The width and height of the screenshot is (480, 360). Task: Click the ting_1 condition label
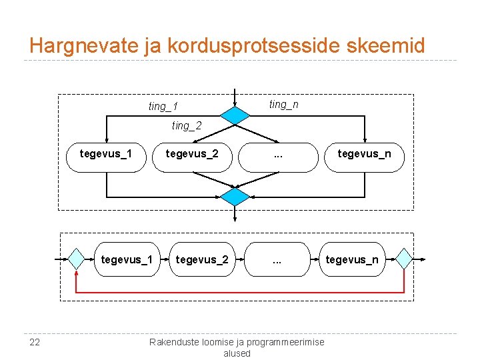[163, 107]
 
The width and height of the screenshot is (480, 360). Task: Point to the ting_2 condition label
[186, 125]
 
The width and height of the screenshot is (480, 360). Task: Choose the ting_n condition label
[283, 105]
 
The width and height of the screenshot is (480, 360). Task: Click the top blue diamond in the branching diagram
[235, 115]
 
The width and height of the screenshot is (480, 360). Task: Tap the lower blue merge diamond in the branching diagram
[235, 197]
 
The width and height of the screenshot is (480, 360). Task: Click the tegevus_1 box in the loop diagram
[127, 259]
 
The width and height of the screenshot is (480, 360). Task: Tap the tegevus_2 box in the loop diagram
[202, 259]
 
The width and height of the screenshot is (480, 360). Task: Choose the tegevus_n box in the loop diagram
[351, 259]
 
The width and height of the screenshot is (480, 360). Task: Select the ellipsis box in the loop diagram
[277, 259]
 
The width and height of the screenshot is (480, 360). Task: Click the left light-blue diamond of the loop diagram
[77, 259]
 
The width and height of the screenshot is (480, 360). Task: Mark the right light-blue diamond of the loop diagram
[404, 259]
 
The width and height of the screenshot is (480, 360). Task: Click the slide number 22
[35, 342]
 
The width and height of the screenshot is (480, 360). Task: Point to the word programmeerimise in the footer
[283, 342]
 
